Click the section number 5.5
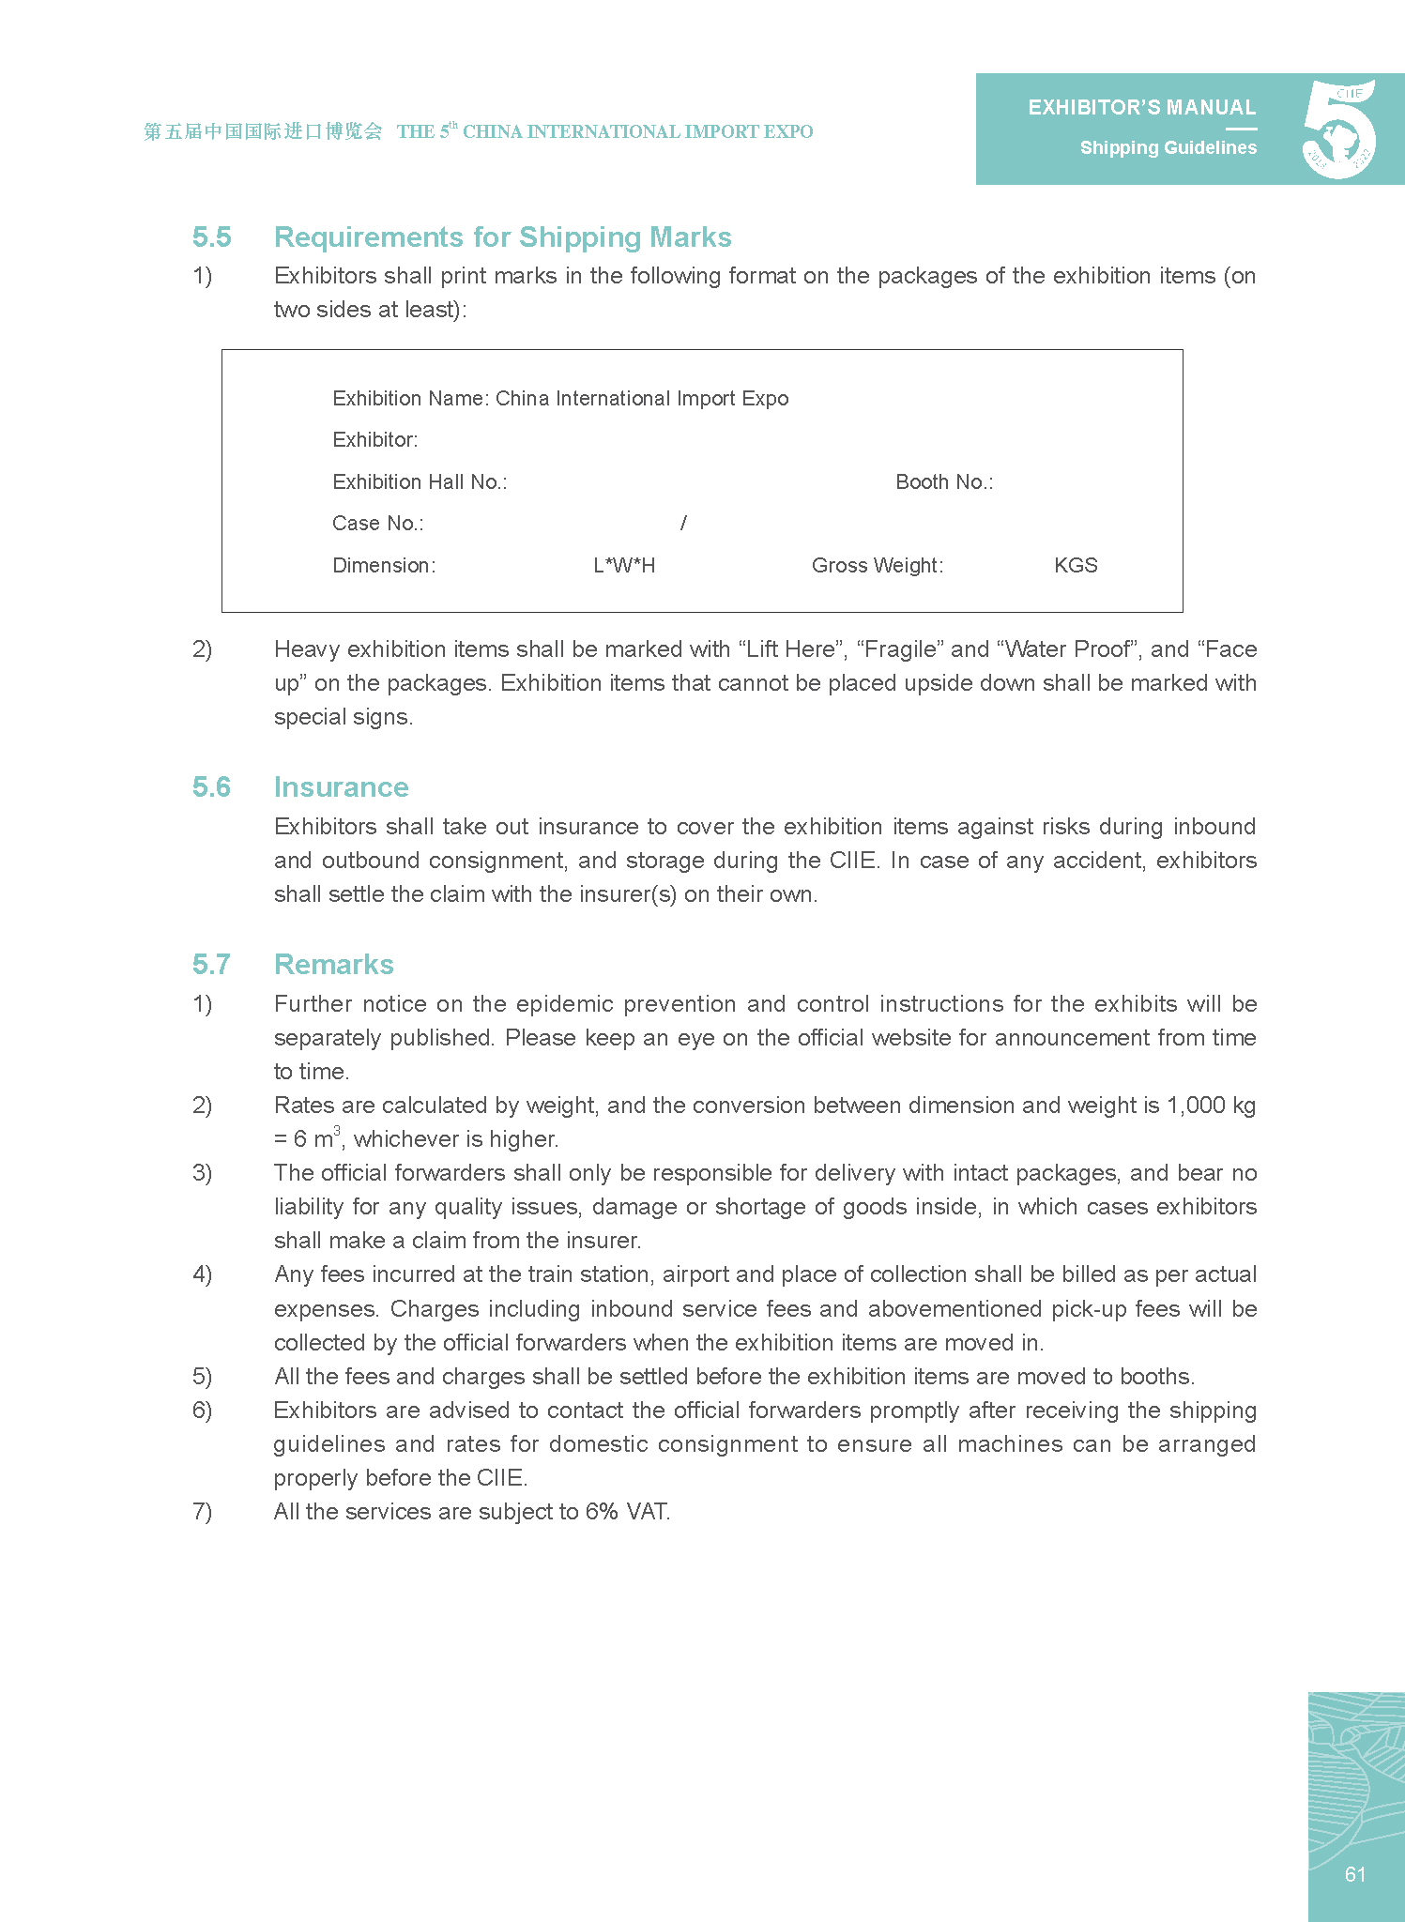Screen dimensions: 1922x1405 coord(211,237)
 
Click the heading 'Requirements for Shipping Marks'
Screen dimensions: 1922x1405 coord(502,237)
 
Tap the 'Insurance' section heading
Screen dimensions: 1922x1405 coord(341,787)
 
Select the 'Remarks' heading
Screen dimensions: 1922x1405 coord(333,965)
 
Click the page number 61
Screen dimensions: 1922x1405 coord(1354,1874)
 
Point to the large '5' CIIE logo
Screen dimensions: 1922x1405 coord(1339,130)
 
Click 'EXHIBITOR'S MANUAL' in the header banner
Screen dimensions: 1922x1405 coord(1141,108)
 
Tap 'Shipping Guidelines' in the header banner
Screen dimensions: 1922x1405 coord(1168,148)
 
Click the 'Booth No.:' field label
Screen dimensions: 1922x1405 coord(944,482)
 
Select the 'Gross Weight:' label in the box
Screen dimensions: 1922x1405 coord(878,566)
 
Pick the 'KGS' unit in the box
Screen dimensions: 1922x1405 coord(1076,566)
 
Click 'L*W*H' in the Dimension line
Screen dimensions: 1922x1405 coord(624,566)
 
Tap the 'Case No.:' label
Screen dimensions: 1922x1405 coord(377,524)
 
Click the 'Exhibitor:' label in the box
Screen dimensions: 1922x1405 coord(375,440)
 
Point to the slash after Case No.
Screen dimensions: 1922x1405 coord(683,524)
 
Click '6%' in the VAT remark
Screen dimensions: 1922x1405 coord(602,1512)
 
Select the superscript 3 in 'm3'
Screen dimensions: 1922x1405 coord(337,1131)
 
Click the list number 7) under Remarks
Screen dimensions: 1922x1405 coord(202,1512)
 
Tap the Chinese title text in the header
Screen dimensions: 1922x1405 coord(263,131)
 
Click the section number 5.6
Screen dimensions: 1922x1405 coord(211,787)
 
